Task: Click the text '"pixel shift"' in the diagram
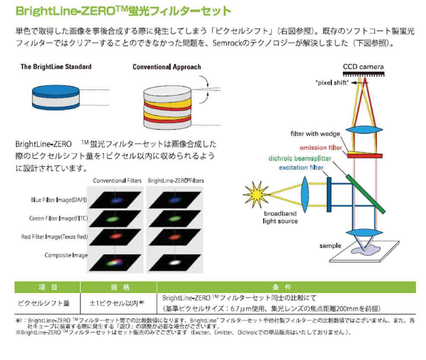click(331, 83)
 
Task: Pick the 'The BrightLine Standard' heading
click(56, 67)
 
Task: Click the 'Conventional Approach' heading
click(167, 67)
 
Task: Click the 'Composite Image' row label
click(66, 255)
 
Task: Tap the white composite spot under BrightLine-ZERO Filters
click(175, 261)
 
